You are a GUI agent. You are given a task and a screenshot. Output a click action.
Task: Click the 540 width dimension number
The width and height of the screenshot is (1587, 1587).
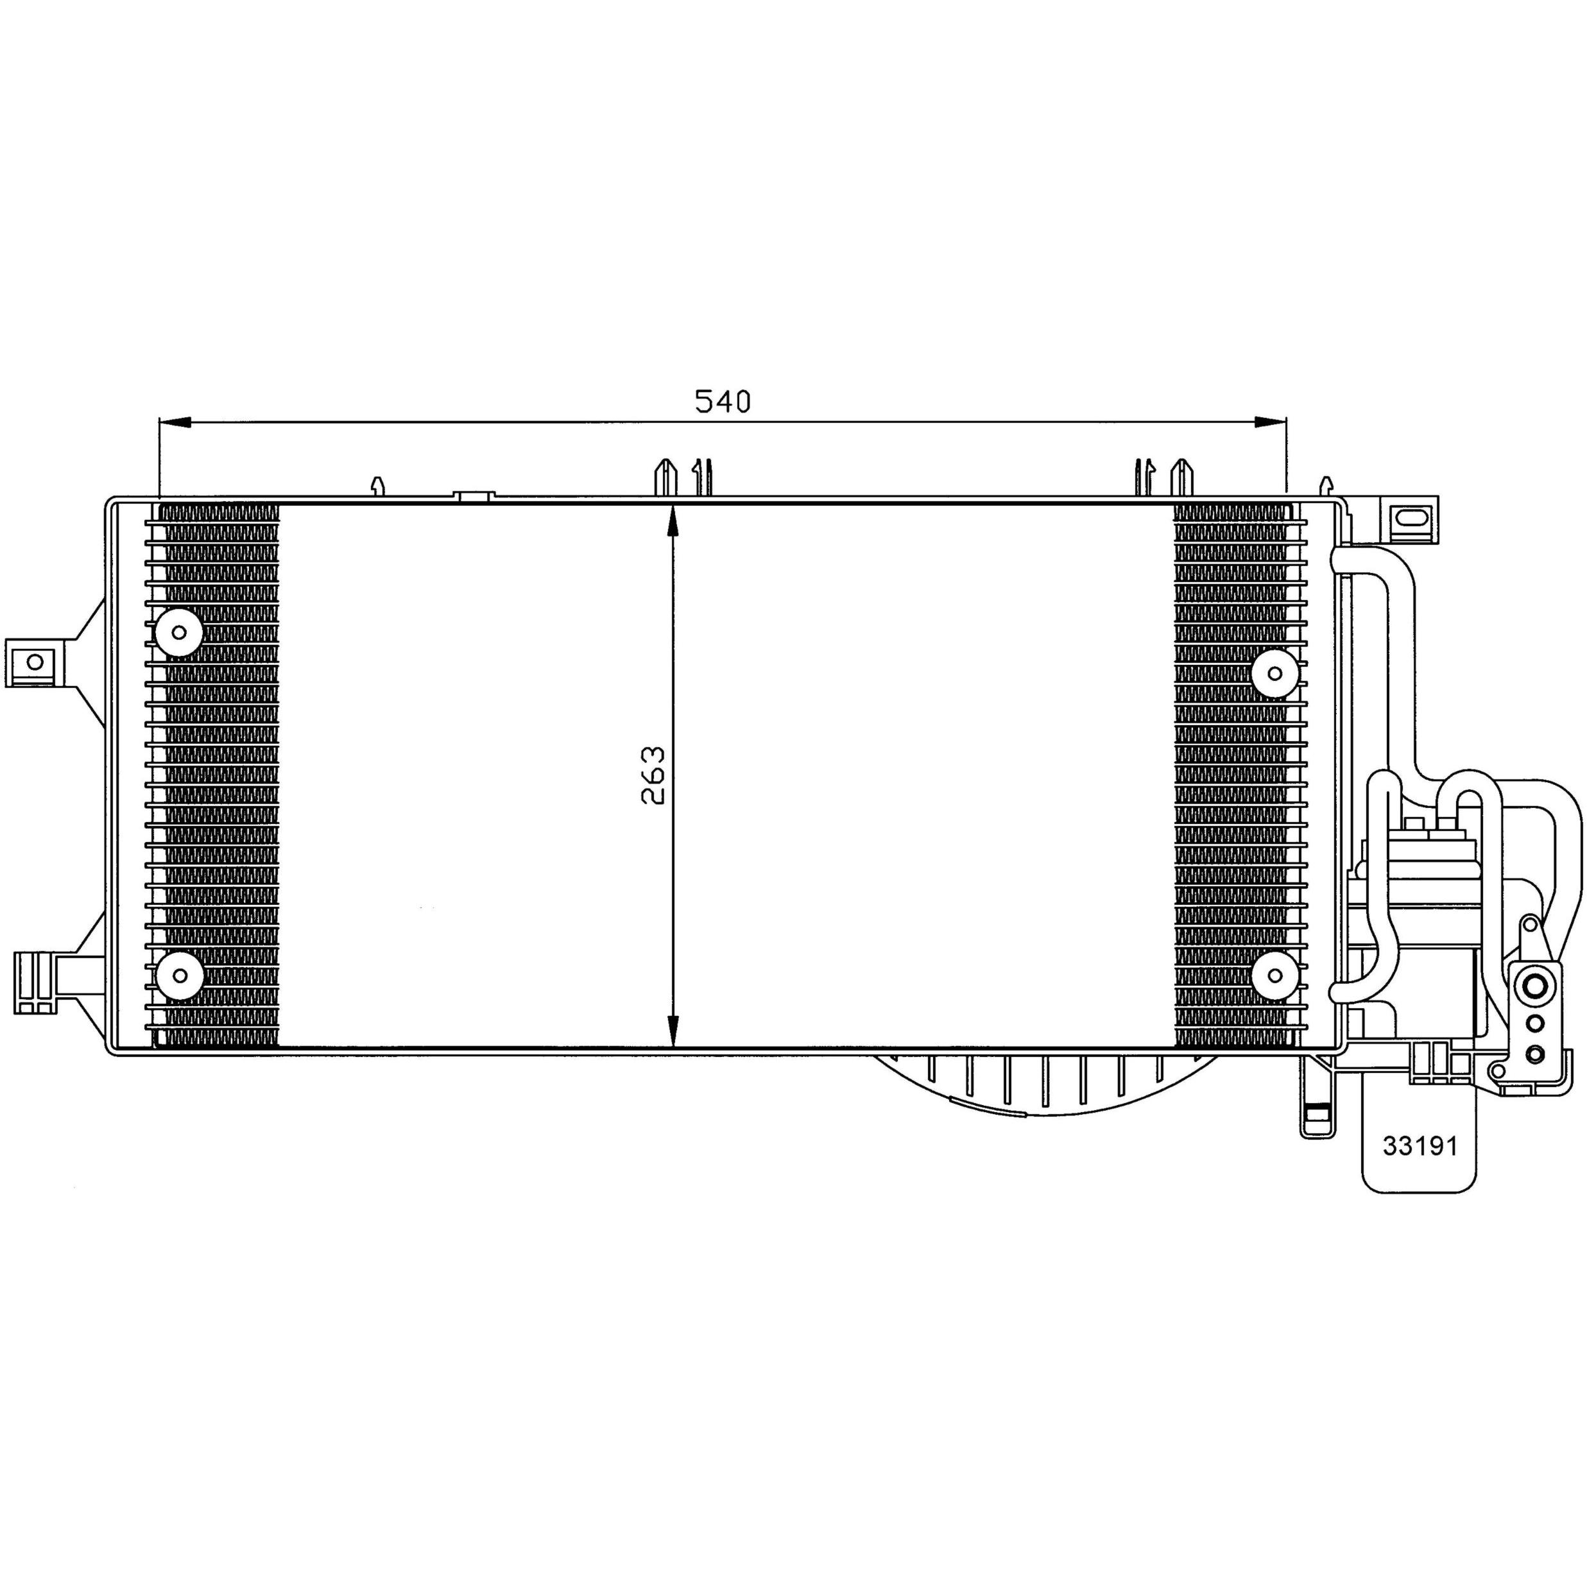(x=723, y=401)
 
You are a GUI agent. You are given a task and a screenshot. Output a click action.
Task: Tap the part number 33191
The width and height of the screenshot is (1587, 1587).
(x=1420, y=1145)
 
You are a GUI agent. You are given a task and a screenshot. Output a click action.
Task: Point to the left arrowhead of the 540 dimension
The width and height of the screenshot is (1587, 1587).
(x=174, y=422)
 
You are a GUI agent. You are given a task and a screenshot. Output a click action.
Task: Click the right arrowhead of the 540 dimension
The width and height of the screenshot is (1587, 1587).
(x=1270, y=422)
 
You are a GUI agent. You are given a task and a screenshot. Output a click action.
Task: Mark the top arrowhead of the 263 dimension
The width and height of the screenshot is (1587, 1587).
(x=673, y=521)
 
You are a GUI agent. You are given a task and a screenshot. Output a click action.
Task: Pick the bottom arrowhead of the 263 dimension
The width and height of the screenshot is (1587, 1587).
(x=673, y=1031)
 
